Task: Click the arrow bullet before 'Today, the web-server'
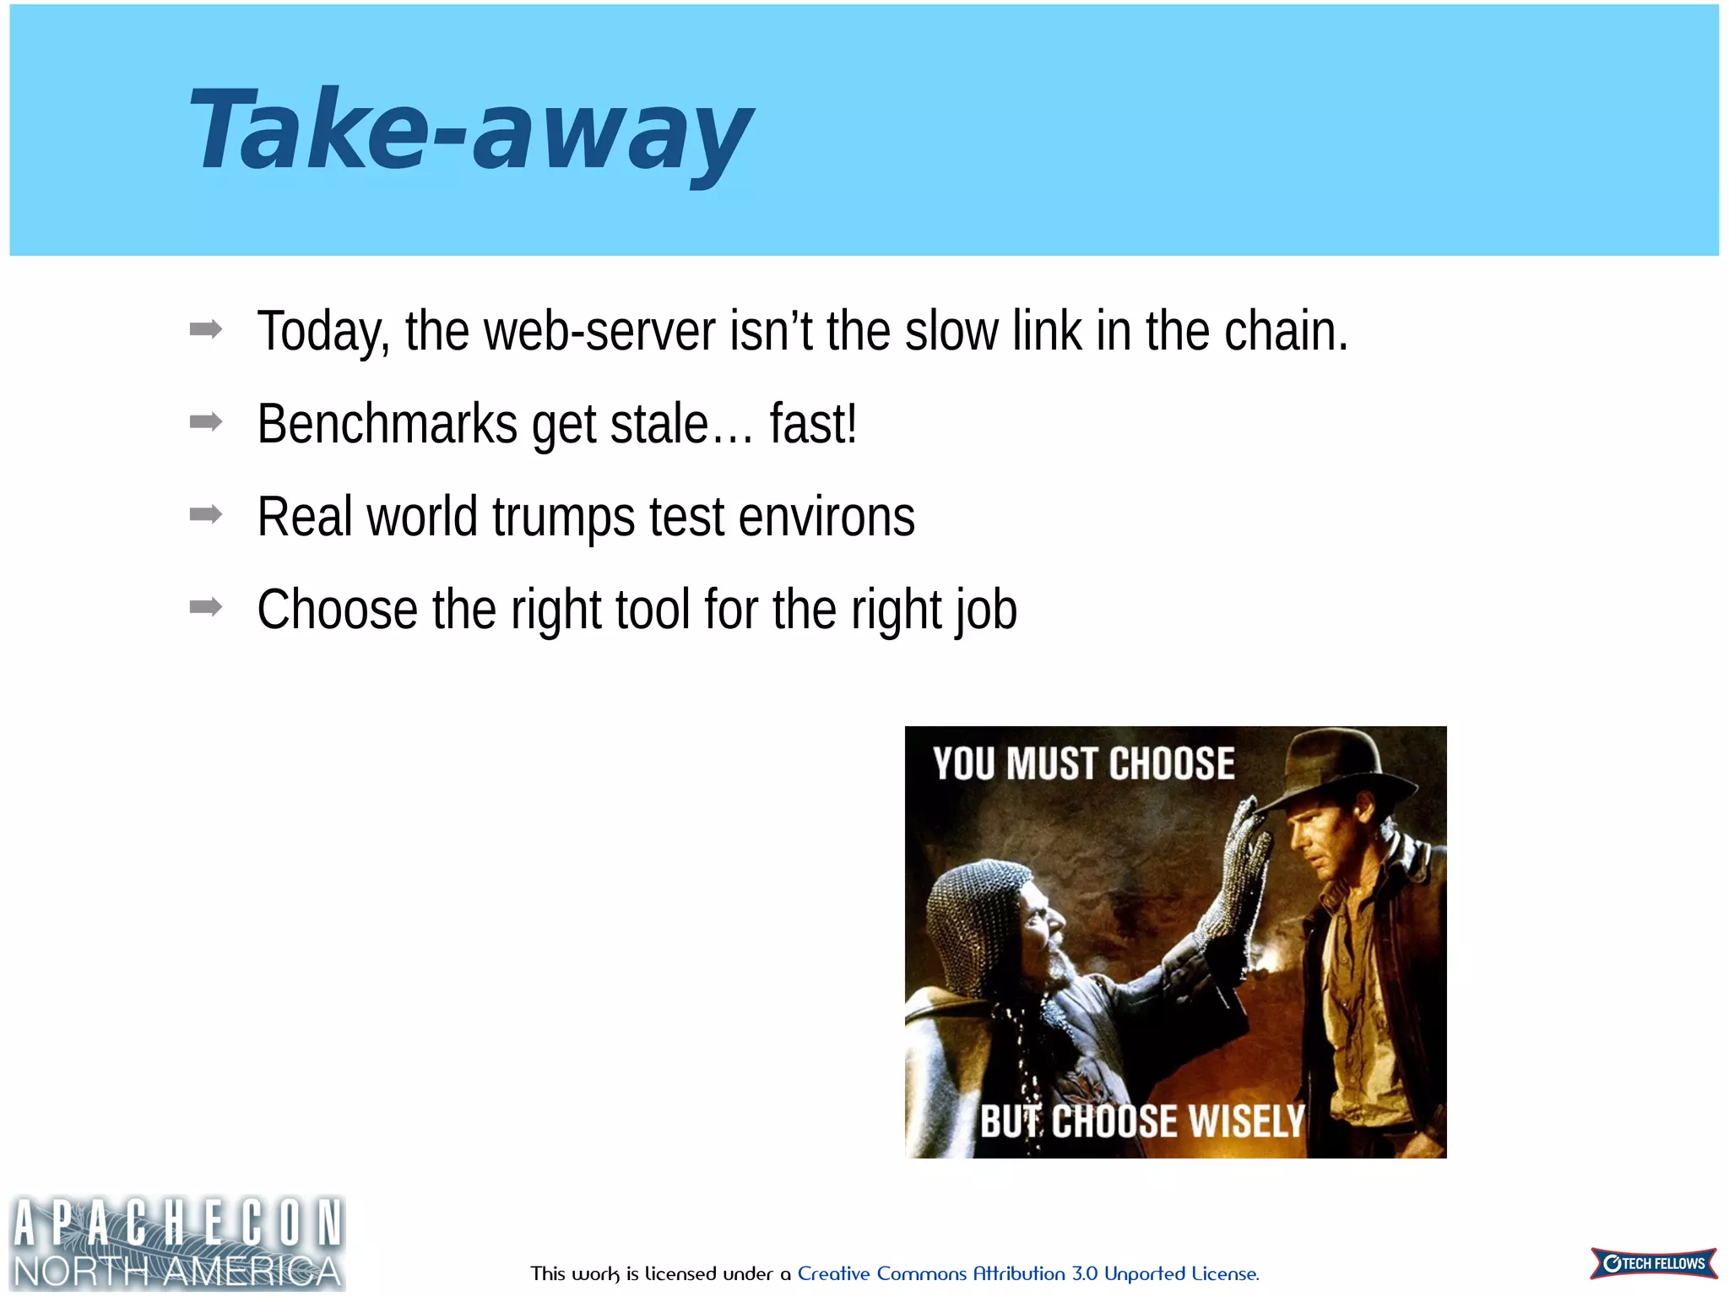[206, 329]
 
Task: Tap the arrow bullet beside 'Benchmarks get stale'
[206, 421]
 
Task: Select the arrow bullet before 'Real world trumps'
[206, 514]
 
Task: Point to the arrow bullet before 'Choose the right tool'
[206, 606]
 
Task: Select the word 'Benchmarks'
[387, 424]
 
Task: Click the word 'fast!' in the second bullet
[813, 424]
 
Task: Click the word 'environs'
[827, 517]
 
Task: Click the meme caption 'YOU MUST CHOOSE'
[1083, 764]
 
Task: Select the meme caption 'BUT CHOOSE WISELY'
[1141, 1122]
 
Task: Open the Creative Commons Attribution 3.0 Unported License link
[1027, 1273]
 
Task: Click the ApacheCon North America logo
[177, 1243]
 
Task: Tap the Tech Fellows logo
[1653, 1263]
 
